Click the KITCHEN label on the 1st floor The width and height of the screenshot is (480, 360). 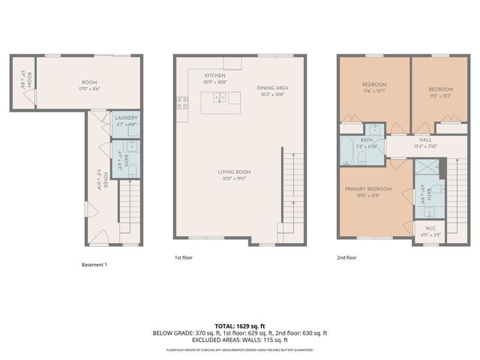215,76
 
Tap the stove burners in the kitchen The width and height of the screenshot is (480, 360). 181,103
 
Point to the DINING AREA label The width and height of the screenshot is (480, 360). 273,88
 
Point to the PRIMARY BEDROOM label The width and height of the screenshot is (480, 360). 367,190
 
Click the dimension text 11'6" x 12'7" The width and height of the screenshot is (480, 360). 373,91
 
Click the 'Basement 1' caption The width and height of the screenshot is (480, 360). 94,265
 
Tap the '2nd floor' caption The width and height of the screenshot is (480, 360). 347,257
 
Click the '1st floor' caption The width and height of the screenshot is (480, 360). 184,257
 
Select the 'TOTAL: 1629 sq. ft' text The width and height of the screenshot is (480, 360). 241,326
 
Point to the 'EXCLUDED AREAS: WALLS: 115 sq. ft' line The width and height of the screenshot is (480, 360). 241,340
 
